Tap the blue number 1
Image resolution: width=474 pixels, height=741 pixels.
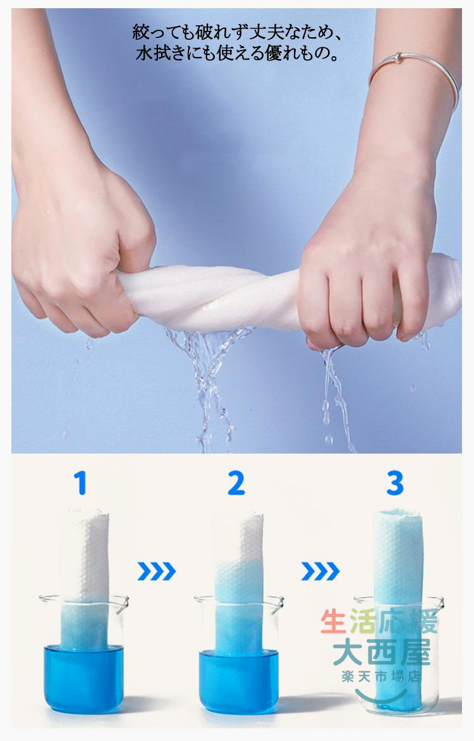tap(80, 483)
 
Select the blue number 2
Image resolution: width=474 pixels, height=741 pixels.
tap(236, 483)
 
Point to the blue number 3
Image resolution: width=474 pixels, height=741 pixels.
tap(394, 483)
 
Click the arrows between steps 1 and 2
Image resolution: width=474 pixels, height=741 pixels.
tap(157, 571)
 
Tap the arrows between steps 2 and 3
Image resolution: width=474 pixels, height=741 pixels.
tap(320, 571)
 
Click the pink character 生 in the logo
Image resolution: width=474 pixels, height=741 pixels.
tap(334, 622)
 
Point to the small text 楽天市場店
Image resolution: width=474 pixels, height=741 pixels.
tap(381, 677)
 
